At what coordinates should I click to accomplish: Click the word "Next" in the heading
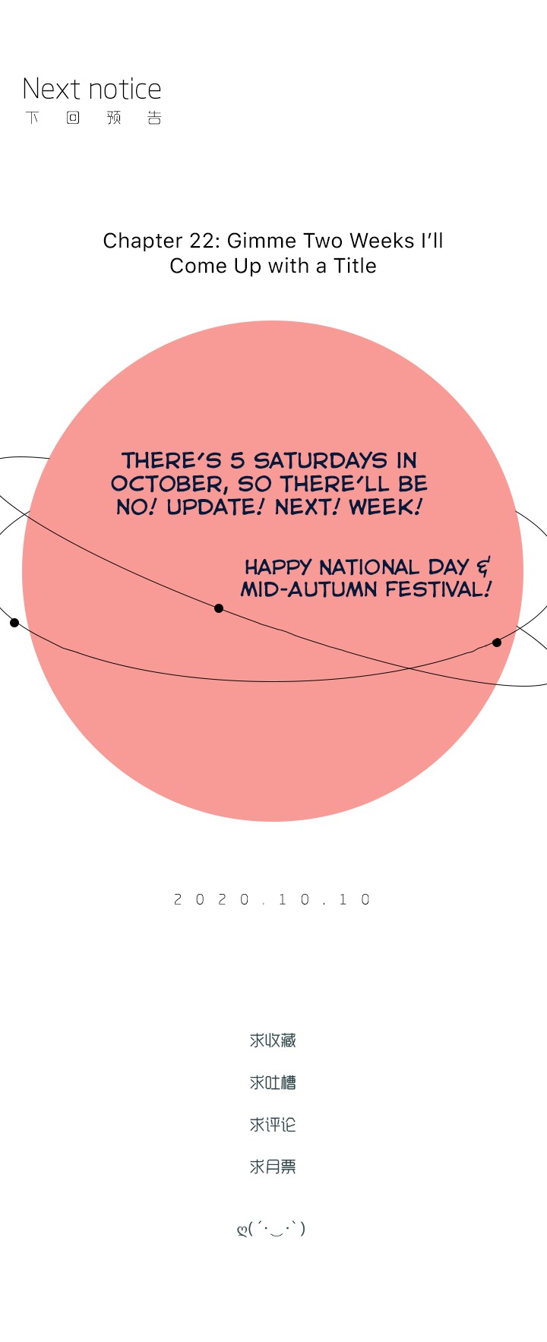point(51,89)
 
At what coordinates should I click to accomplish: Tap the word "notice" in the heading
point(124,89)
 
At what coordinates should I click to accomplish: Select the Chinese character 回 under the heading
point(73,118)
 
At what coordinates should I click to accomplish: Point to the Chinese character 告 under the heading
point(155,118)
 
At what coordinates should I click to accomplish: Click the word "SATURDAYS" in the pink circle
point(321,460)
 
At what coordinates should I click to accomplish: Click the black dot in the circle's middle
point(219,608)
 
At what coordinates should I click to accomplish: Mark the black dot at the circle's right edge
point(497,643)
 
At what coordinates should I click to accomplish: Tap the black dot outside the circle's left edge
point(14,623)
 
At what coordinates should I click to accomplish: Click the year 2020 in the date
point(212,900)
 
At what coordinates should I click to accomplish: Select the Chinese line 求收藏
point(273,1040)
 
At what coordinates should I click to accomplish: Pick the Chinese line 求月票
point(273,1167)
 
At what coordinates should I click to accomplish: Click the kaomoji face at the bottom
point(271,1228)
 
